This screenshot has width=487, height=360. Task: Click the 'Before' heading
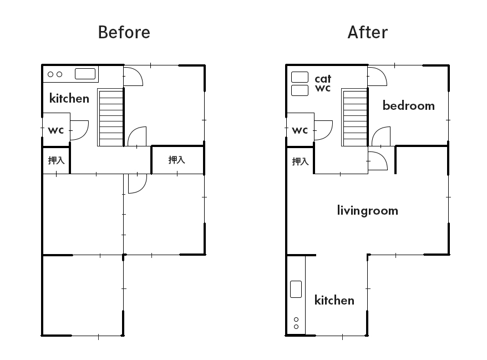point(124,32)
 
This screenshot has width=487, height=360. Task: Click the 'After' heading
point(368,32)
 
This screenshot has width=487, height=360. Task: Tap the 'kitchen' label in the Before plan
point(69,98)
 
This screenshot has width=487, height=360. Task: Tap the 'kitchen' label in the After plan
point(334,300)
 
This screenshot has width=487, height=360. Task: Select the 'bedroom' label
point(408,105)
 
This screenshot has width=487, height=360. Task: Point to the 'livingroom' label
point(367,211)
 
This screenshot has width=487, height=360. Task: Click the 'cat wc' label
point(323,83)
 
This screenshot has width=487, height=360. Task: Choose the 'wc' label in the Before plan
point(56,130)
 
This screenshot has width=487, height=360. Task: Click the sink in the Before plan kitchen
point(85,74)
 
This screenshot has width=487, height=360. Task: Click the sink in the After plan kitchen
point(296,289)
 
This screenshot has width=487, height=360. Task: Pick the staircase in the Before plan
point(110,118)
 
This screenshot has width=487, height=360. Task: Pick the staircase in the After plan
point(354,118)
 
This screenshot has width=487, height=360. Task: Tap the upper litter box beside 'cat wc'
point(300,77)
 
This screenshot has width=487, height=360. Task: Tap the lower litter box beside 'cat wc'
point(300,90)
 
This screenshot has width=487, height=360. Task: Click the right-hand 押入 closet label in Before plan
point(177,160)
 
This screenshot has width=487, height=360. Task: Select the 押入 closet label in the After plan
point(300,161)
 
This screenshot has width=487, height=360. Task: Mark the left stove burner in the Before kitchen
point(50,74)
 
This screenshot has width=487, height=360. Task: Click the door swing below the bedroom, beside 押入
point(383,157)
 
